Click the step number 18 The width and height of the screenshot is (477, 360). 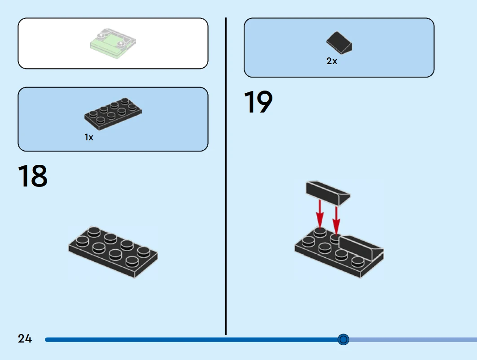coord(33,177)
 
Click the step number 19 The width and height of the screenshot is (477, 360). coord(258,103)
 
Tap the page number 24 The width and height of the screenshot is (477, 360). coord(25,339)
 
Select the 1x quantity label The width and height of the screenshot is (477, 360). coord(89,138)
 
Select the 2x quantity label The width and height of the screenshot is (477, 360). coord(332,61)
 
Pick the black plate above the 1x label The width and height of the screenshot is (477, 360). coord(113,114)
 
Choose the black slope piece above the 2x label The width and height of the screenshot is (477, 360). coord(339,43)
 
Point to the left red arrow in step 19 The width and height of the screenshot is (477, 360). coord(319,213)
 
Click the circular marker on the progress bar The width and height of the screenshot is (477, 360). coord(343,340)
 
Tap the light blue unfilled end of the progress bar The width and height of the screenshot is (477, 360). coord(413,340)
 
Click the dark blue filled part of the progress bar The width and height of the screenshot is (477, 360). coord(179,340)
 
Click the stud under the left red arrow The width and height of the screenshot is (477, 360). coord(319,232)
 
